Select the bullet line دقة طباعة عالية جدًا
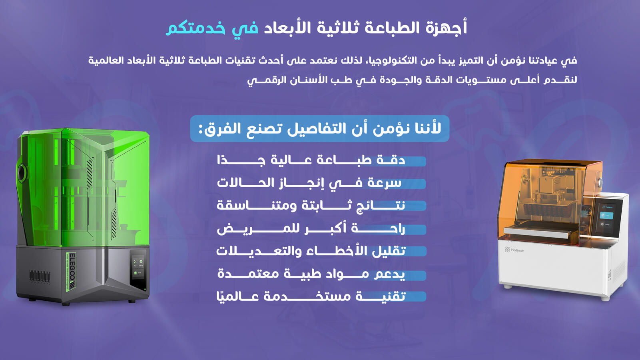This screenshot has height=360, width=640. click(x=311, y=160)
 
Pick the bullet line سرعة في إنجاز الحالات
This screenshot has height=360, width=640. click(x=309, y=183)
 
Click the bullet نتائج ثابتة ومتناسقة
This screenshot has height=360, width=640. click(x=311, y=206)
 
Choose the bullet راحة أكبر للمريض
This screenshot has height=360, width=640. click(x=311, y=229)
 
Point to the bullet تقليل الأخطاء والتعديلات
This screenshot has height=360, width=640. click(x=311, y=251)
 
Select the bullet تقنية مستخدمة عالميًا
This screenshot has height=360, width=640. click(x=311, y=296)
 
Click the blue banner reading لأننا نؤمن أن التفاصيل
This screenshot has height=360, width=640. click(x=320, y=129)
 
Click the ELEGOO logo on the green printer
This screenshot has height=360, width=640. click(x=72, y=271)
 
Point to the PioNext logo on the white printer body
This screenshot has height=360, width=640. click(x=514, y=250)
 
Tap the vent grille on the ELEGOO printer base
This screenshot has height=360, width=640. click(x=40, y=277)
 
